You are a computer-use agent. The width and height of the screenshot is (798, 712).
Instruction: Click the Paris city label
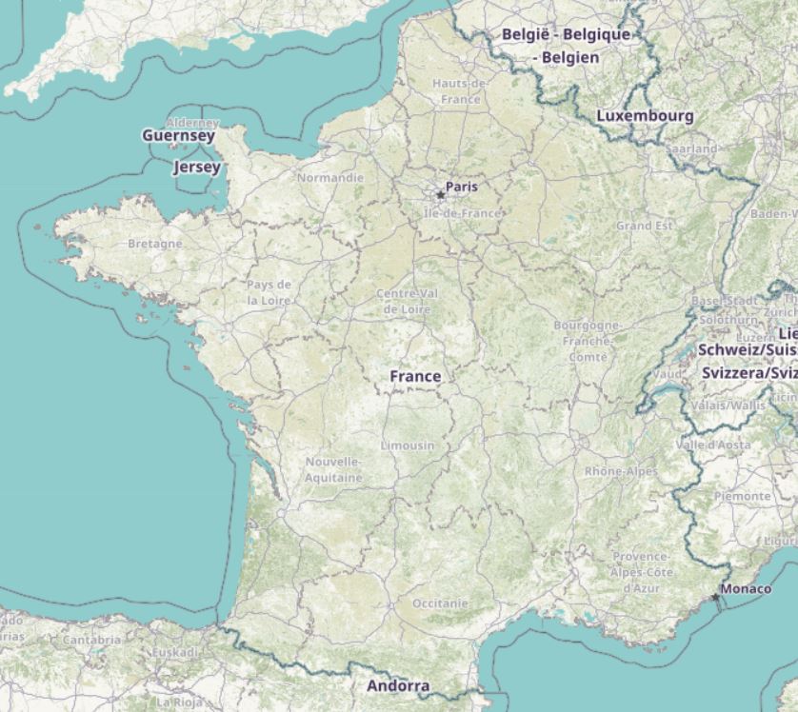462,187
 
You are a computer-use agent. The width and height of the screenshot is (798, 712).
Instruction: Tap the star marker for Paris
440,195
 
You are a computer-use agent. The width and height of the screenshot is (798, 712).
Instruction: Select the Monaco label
746,589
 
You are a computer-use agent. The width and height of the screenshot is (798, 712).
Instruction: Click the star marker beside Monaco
715,597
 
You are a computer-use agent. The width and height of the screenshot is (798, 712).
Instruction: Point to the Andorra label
398,685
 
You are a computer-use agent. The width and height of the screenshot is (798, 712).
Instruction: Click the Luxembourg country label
645,115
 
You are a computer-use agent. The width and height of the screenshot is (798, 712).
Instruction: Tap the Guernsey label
178,136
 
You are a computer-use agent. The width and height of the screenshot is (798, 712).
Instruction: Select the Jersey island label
197,168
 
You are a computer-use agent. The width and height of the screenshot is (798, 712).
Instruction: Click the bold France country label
415,376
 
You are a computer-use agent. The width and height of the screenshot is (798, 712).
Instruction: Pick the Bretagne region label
154,244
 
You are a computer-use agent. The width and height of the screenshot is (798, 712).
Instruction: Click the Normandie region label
330,178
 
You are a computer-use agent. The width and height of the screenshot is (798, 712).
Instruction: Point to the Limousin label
408,445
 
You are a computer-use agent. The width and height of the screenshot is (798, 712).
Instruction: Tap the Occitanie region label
441,603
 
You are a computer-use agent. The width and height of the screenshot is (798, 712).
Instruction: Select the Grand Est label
644,227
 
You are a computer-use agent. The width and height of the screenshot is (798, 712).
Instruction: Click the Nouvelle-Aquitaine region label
333,469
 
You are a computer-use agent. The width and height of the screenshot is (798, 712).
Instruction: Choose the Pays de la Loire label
269,292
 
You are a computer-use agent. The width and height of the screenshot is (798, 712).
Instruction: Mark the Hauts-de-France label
460,90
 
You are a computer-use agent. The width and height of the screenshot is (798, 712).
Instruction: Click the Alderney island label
192,123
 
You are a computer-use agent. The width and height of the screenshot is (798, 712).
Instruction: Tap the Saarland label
691,149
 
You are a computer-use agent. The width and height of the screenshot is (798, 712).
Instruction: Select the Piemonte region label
742,497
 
